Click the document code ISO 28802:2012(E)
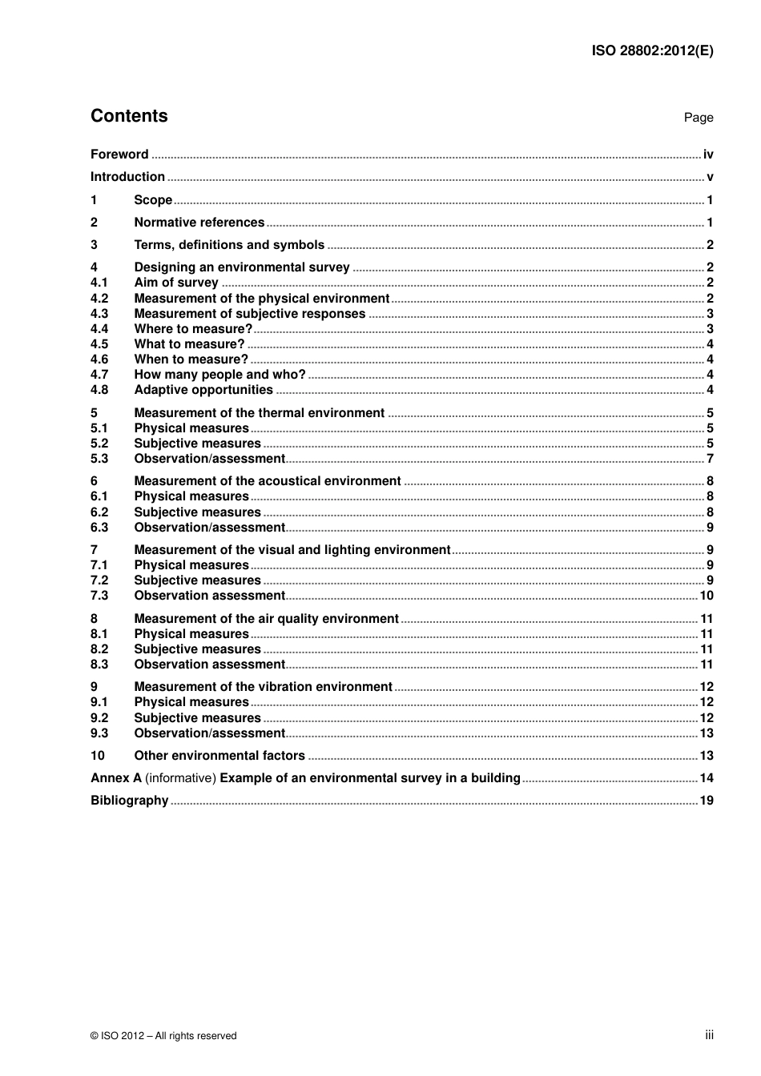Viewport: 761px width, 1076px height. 652,50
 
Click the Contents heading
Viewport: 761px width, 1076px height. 129,116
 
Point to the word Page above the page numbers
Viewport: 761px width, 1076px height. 698,118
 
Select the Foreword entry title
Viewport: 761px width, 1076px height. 119,155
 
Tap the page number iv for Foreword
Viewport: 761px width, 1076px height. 708,155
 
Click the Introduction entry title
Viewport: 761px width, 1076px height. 127,177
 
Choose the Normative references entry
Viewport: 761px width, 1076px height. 199,223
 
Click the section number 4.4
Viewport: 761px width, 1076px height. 99,329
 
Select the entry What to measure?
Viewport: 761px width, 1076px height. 189,344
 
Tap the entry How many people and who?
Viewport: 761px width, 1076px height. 219,375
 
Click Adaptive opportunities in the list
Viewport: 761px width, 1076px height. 203,390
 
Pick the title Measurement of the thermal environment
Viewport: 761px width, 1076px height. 259,413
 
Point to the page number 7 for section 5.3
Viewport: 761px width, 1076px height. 710,459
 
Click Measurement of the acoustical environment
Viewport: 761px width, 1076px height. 267,481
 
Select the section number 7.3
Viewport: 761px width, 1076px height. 99,596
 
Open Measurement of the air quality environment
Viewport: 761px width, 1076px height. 266,619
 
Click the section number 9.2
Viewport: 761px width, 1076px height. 99,718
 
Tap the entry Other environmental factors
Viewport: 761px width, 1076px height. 219,756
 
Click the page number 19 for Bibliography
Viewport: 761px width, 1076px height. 706,801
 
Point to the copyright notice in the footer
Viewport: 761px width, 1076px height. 163,1036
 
